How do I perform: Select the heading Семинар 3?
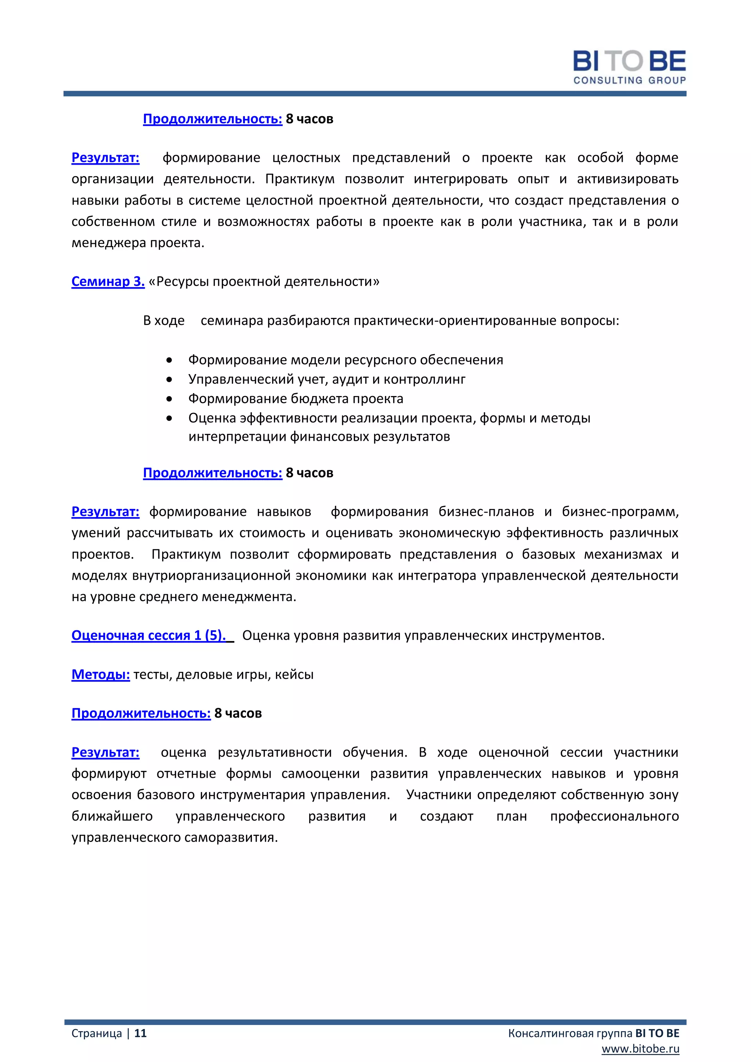pos(108,281)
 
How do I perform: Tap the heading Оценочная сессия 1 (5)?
pos(149,635)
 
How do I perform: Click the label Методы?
pos(100,674)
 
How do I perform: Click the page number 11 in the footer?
pos(140,1033)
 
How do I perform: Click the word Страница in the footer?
pos(97,1033)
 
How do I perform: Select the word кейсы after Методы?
pos(294,674)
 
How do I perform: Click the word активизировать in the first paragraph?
pos(627,179)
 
